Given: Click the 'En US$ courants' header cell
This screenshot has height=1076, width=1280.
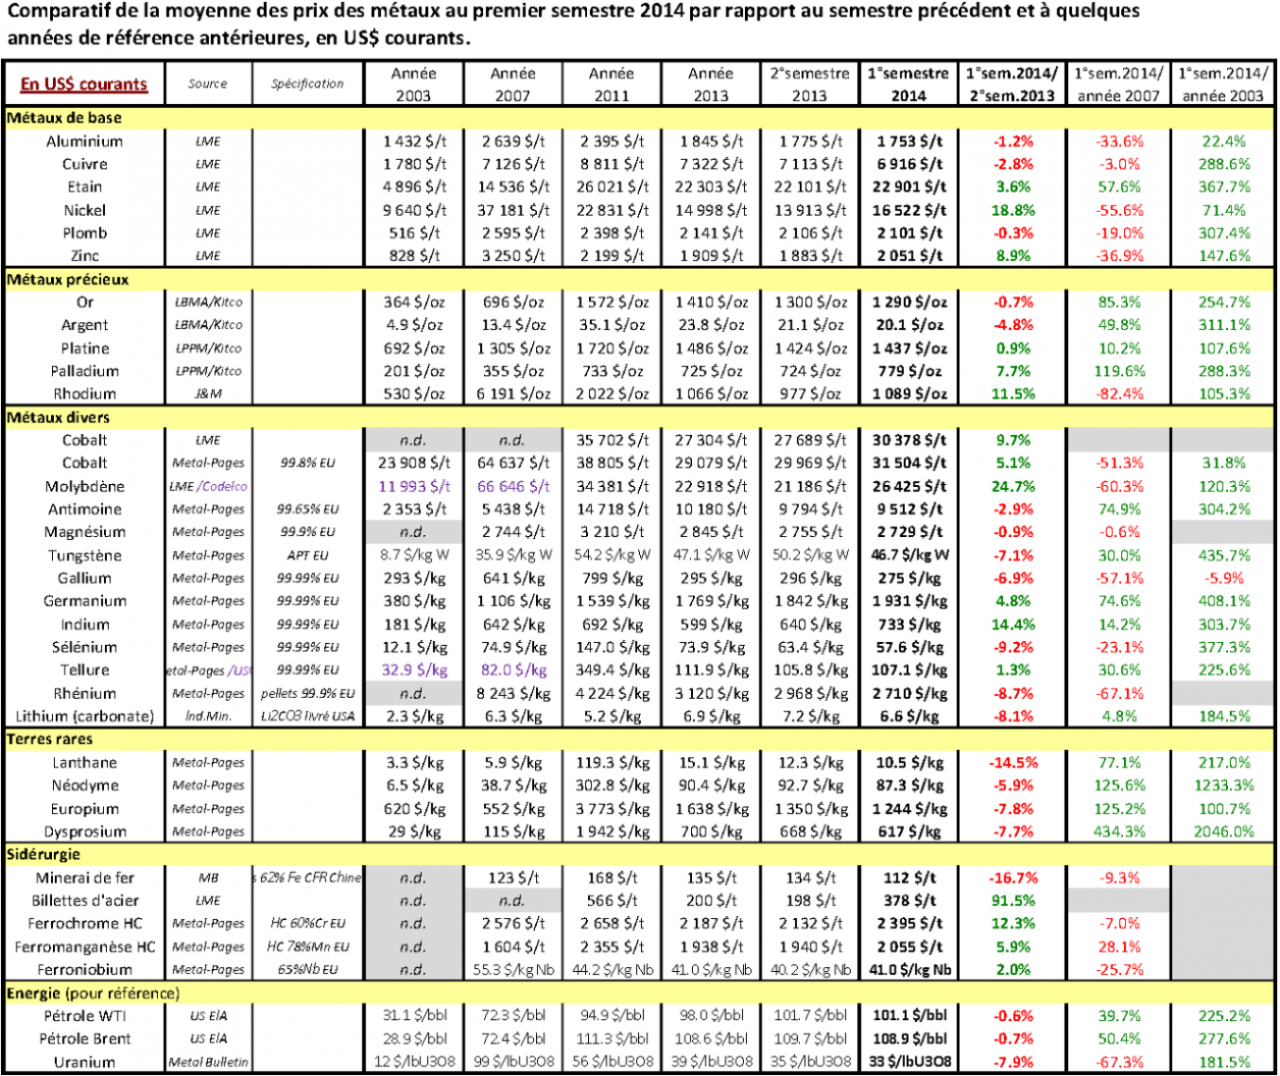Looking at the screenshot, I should [83, 83].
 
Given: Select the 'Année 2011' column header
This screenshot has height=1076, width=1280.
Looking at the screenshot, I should [612, 83].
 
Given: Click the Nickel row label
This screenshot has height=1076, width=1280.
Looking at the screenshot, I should [84, 210].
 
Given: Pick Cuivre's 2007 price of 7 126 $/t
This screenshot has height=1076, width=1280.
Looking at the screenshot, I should [512, 164].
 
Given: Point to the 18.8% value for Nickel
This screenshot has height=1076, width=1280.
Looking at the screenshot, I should [1013, 210].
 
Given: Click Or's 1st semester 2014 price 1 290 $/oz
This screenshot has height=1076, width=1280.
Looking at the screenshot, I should [909, 302].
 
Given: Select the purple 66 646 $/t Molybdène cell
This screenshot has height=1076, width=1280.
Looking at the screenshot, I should [512, 486].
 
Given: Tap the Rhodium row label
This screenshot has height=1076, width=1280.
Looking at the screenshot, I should [84, 394].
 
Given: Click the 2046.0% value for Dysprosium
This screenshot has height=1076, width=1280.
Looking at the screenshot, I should [1224, 832].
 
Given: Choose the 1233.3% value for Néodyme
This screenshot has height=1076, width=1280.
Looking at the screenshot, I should [1224, 785].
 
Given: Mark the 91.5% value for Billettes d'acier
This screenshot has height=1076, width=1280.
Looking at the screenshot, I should [1013, 900].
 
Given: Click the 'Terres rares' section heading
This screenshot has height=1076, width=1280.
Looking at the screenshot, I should [50, 739].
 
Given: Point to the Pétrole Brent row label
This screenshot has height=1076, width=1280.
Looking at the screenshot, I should [84, 1039].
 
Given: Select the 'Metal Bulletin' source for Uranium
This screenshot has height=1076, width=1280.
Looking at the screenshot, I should [208, 1062].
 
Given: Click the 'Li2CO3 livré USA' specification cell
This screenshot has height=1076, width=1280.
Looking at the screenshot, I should [307, 717].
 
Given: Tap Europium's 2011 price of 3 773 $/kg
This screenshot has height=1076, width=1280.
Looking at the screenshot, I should [612, 809].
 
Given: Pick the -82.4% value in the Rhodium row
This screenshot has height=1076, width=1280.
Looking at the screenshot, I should [1119, 394].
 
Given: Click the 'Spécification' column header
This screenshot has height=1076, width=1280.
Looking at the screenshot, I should [307, 83].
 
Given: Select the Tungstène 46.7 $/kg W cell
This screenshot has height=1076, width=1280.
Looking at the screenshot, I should [909, 555].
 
